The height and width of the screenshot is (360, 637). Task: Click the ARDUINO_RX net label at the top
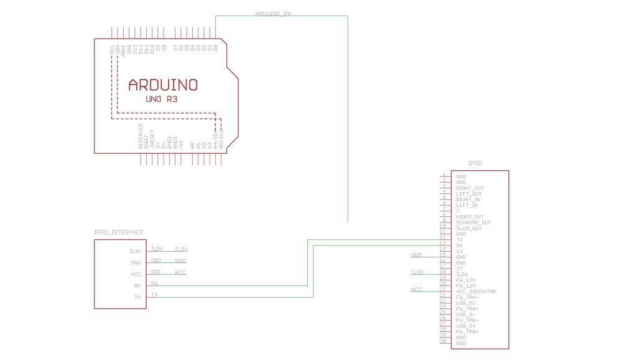[x=273, y=14]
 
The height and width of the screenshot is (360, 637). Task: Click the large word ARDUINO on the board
[x=163, y=85]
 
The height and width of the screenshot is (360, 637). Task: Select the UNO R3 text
[x=162, y=99]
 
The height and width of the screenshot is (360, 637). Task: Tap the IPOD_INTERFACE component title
[x=119, y=233]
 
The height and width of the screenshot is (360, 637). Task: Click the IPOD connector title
[x=475, y=164]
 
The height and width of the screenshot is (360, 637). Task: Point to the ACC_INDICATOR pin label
[x=476, y=292]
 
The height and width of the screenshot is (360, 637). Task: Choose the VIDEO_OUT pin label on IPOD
[x=470, y=217]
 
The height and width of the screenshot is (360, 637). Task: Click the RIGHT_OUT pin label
[x=470, y=188]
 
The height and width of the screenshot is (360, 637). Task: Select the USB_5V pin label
[x=466, y=303]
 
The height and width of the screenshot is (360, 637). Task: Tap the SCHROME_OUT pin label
[x=473, y=223]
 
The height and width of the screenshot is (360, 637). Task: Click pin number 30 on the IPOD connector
[x=443, y=341]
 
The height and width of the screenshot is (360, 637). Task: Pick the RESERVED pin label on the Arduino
[x=141, y=136]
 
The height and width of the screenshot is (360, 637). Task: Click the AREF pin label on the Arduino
[x=124, y=50]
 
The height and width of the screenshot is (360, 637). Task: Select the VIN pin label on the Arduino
[x=181, y=142]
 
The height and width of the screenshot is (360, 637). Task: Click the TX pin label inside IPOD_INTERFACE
[x=137, y=297]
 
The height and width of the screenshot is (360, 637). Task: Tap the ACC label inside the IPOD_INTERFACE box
[x=136, y=274]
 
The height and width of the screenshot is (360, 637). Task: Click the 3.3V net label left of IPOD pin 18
[x=417, y=272]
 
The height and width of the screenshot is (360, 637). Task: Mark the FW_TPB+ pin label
[x=467, y=332]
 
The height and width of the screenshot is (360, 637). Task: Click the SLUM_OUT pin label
[x=468, y=228]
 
